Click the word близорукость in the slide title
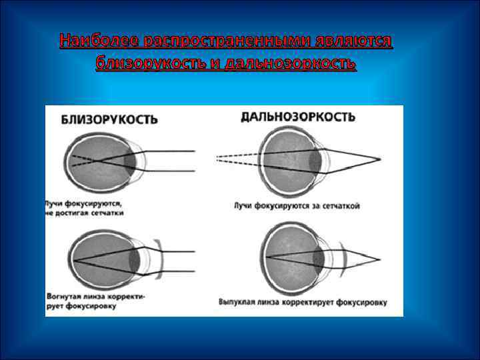157,63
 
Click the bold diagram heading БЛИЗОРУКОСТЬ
109,120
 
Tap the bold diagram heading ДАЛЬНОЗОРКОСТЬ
297,117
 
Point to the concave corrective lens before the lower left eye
157,257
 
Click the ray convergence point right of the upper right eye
380,160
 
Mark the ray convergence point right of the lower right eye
380,259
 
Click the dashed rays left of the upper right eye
237,159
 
